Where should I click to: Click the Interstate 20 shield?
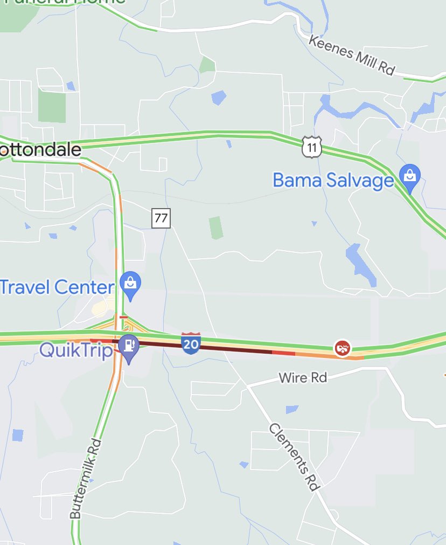coord(191,343)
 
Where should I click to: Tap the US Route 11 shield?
coord(312,147)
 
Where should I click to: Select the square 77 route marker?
coord(161,218)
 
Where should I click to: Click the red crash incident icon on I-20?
coord(342,348)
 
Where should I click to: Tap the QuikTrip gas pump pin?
coord(129,346)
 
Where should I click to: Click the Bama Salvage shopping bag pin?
coord(410,176)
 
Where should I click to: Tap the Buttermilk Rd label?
coord(86,479)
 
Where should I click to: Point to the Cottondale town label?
coord(40,149)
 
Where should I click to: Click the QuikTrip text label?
coord(76,350)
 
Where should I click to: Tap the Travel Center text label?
coord(57,287)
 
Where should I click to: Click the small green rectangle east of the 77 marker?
coord(215,227)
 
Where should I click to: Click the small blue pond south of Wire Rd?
coord(292,409)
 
